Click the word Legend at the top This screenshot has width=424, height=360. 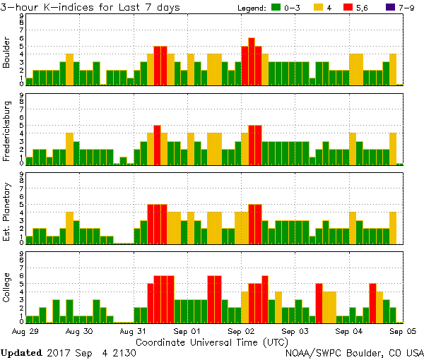tap(249, 8)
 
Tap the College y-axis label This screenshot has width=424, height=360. tap(7, 288)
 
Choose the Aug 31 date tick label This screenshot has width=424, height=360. tap(133, 330)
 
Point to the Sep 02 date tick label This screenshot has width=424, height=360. tap(241, 330)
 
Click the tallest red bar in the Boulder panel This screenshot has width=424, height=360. tap(252, 61)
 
